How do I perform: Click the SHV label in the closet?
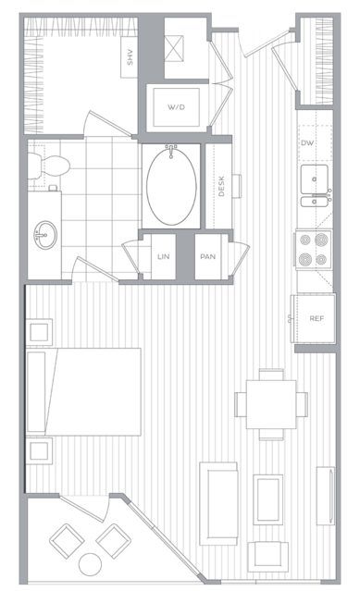point(130,57)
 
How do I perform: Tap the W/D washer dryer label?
point(177,107)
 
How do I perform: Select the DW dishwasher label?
point(307,143)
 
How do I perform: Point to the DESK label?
point(221,186)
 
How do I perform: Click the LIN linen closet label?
point(163,257)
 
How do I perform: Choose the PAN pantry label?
point(207,257)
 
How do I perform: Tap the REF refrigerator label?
point(317,318)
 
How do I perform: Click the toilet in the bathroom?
point(49,166)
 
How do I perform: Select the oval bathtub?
point(171,187)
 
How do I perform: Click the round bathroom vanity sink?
point(45,235)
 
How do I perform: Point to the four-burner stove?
point(314,249)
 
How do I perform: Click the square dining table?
point(271,404)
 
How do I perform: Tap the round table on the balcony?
point(90,564)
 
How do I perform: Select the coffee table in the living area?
point(268,499)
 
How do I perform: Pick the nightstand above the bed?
point(39,332)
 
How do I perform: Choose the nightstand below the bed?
point(39,450)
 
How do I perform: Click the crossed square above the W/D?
point(174,48)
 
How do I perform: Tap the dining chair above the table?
point(271,375)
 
